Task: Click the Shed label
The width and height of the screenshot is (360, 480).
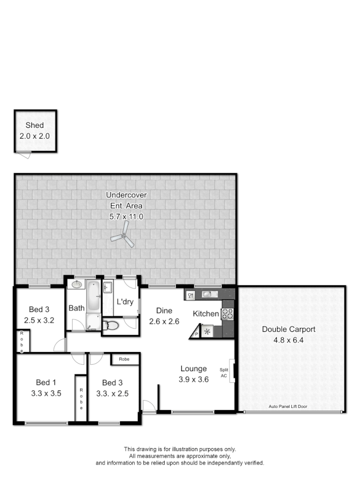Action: tap(35, 125)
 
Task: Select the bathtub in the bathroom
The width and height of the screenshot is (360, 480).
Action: tap(93, 297)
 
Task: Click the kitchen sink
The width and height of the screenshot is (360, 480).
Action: tap(207, 294)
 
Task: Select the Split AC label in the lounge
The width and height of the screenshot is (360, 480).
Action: tap(224, 372)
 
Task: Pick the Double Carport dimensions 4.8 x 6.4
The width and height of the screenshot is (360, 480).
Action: tap(289, 340)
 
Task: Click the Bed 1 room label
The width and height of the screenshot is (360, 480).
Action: tap(46, 382)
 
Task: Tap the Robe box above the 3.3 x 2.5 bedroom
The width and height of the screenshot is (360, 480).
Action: tap(124, 359)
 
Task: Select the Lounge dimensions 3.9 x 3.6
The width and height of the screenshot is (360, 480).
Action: tap(194, 379)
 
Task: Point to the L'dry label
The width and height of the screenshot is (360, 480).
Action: tap(125, 302)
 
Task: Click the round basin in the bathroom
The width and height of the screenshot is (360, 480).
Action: tap(76, 284)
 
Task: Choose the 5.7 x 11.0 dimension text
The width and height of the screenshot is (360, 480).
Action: tap(126, 217)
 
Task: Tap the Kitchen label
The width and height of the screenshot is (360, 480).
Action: tap(206, 314)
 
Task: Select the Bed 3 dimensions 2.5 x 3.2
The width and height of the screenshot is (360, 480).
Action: tap(39, 321)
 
